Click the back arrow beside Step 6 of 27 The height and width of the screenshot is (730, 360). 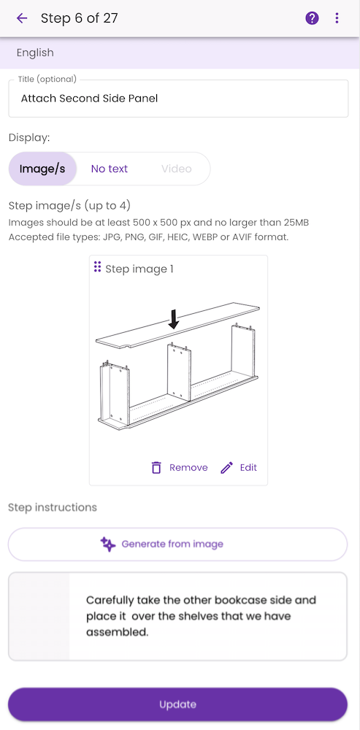tap(22, 18)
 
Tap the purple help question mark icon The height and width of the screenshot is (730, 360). tap(312, 18)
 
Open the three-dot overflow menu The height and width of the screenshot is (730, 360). tap(337, 18)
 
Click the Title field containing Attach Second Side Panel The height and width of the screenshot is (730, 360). tap(178, 99)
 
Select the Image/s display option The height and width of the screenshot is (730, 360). tap(42, 169)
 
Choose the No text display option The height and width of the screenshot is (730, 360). tap(110, 169)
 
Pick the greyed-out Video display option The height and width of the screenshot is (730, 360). tap(177, 169)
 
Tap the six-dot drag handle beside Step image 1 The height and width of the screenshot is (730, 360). tap(97, 266)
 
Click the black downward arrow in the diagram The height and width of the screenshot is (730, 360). tap(174, 319)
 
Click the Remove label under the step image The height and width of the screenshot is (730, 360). tap(188, 467)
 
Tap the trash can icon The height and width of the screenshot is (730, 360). tap(156, 467)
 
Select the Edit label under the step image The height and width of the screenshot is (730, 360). tap(248, 467)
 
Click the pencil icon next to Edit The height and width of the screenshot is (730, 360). tap(226, 467)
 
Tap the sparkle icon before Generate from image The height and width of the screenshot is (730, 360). tap(108, 544)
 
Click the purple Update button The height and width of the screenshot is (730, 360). tap(178, 704)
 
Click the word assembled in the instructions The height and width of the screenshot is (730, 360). tap(117, 632)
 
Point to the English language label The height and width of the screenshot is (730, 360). tap(35, 53)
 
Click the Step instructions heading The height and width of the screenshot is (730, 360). tap(53, 507)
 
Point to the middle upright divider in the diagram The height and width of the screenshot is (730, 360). tap(180, 372)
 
